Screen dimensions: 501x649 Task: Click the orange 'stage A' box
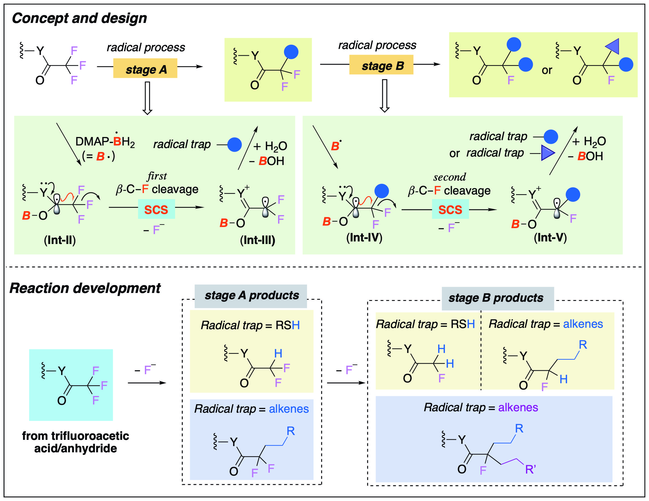tap(145, 68)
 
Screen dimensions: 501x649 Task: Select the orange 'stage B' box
tap(381, 65)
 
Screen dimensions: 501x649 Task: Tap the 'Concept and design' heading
tap(79, 18)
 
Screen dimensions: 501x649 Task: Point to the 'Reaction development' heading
tap(85, 288)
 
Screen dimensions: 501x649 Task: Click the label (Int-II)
tap(60, 240)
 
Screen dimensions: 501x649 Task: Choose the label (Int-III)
tap(257, 240)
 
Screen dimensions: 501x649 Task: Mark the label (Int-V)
tap(550, 237)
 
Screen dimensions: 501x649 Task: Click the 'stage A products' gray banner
tap(251, 296)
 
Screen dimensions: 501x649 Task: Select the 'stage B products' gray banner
tap(497, 298)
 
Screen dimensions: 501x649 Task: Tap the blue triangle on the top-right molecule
tap(613, 46)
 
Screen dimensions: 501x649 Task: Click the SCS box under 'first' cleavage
tap(156, 209)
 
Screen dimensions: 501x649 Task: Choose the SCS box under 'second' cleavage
tap(450, 209)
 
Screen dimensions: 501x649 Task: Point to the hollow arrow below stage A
tap(147, 98)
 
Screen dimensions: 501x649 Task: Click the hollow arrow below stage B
tap(385, 96)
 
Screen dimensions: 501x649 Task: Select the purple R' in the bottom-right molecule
tap(531, 469)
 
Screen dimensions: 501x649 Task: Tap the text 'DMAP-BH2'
tap(105, 142)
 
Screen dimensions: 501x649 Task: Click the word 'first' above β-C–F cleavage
tap(157, 176)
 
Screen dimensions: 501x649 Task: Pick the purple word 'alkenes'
tap(518, 408)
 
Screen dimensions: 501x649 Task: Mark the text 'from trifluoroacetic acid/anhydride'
tap(75, 442)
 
